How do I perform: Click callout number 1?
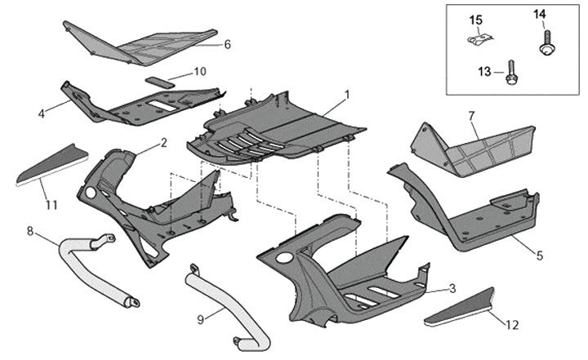click(346, 96)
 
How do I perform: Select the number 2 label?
click(163, 142)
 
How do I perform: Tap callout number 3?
click(452, 289)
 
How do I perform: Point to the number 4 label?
click(41, 113)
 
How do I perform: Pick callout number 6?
click(227, 44)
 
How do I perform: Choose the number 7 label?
click(471, 117)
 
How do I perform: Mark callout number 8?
click(30, 231)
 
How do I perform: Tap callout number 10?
click(200, 71)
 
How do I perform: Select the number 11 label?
click(51, 204)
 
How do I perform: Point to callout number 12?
click(511, 325)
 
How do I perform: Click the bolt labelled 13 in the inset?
click(510, 73)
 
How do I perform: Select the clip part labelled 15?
click(478, 39)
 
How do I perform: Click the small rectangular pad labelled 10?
click(158, 81)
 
